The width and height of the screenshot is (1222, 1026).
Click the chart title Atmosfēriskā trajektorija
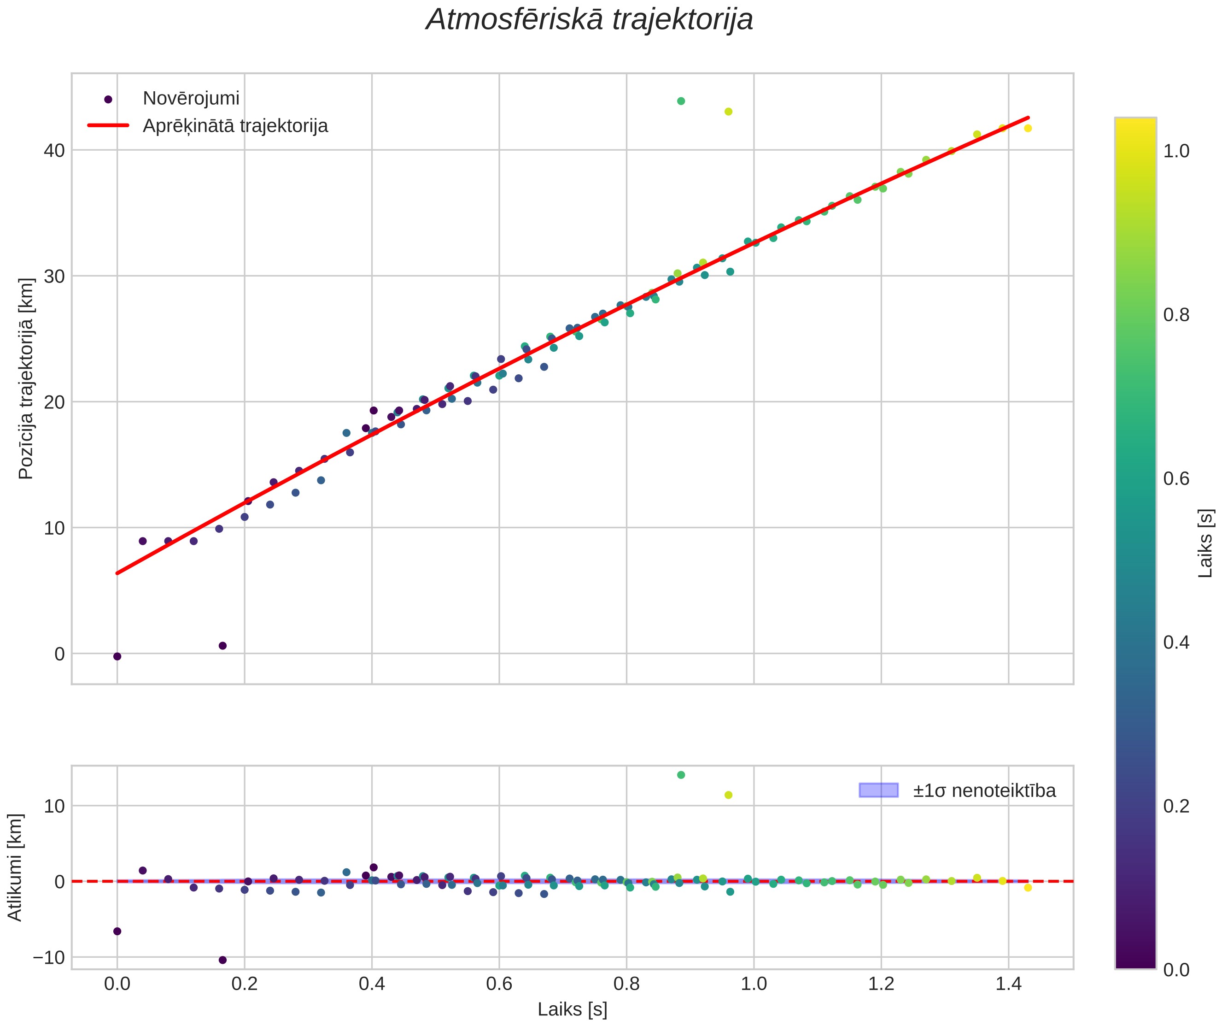pos(590,20)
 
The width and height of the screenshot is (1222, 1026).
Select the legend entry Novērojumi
pos(191,99)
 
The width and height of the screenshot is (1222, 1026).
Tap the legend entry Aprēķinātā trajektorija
pos(235,126)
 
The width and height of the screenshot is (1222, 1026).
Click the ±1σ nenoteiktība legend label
pos(984,791)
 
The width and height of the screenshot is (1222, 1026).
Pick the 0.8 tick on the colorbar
pos(1176,315)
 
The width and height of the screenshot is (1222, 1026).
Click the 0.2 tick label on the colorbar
pos(1176,807)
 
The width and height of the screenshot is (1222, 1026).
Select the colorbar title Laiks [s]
pos(1206,544)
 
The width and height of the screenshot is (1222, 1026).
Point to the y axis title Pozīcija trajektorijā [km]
pos(26,378)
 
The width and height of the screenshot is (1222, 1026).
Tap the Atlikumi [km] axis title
pos(15,867)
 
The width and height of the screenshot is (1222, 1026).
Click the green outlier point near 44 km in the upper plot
pos(681,101)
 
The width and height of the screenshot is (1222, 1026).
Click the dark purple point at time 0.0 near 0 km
pos(117,656)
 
